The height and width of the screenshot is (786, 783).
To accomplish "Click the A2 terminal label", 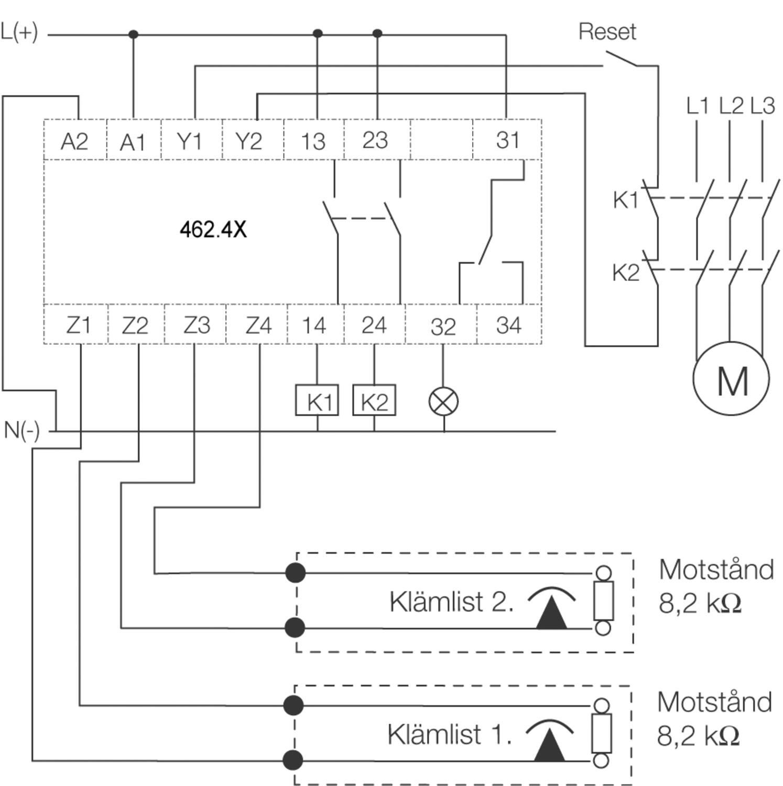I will pyautogui.click(x=74, y=141).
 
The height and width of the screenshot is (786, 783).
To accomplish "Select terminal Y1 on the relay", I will pyautogui.click(x=189, y=141).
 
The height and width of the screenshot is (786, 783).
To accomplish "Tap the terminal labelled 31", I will pyautogui.click(x=508, y=140).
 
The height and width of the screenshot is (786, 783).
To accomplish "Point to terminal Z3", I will pyautogui.click(x=197, y=325).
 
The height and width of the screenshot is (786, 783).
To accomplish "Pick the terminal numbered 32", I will pyautogui.click(x=443, y=326).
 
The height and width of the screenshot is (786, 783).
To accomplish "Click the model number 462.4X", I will pyautogui.click(x=213, y=229).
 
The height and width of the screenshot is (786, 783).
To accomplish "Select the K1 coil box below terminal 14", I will pyautogui.click(x=317, y=401).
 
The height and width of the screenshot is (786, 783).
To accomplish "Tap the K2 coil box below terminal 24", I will pyautogui.click(x=374, y=401).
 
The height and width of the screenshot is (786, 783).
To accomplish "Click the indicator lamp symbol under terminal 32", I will pyautogui.click(x=443, y=402).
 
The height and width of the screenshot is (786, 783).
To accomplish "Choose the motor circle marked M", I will pyautogui.click(x=731, y=378).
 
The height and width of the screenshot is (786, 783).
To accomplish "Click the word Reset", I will pyautogui.click(x=607, y=31).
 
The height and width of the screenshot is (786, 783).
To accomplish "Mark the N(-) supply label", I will pyautogui.click(x=21, y=430).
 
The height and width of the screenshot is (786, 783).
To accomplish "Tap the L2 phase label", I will pyautogui.click(x=730, y=105).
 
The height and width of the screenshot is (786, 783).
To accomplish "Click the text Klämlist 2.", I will pyautogui.click(x=451, y=601).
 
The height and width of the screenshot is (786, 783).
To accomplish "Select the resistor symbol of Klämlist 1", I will pyautogui.click(x=602, y=733).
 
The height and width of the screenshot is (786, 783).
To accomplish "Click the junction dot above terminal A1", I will pyautogui.click(x=133, y=35).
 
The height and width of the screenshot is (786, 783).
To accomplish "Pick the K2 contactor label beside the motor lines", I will pyautogui.click(x=626, y=272).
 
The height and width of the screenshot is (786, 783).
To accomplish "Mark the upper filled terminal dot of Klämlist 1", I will pyautogui.click(x=293, y=705).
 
